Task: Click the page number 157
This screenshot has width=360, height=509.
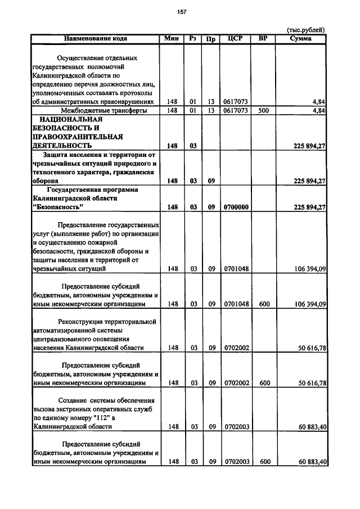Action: coord(181,12)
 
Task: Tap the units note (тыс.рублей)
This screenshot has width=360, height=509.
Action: coord(306,31)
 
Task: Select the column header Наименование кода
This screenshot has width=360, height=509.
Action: coord(95,39)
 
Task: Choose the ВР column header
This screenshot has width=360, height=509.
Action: coord(262,39)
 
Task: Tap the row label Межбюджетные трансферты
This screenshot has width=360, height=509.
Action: coord(96,111)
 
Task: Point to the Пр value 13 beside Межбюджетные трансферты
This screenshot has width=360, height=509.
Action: coord(211,111)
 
